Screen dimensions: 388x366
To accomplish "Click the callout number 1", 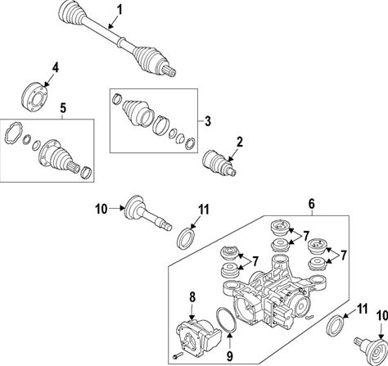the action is pos(120,11).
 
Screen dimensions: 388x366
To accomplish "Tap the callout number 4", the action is pos(56,67).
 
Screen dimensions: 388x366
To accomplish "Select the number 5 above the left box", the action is pos(63,108).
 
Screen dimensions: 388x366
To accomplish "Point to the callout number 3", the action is pos(208,121).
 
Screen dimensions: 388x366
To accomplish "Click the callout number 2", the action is pos(240,142).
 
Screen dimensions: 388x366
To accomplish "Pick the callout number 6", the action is pos(312,204).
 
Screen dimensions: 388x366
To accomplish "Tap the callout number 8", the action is pos(192,297).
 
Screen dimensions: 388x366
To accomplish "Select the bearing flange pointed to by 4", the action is pos(34,97).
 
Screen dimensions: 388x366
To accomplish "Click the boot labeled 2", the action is pos(219,163).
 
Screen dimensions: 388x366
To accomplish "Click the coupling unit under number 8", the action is pos(198,337).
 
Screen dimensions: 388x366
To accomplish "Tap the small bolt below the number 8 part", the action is pos(177,355).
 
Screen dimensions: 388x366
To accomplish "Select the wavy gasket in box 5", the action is pos(14,133).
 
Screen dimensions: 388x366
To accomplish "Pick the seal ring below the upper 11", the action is pos(186,237).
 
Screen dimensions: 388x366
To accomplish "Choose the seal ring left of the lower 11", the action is pos(335,326).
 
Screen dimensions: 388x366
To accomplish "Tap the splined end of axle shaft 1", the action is pos(169,71).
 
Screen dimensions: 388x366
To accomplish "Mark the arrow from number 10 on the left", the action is pos(116,209).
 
